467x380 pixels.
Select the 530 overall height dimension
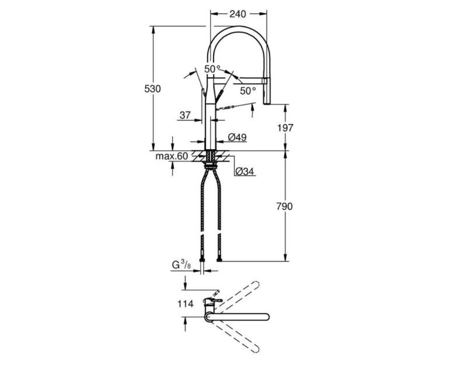[x=152, y=89]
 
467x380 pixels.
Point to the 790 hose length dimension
[x=285, y=206]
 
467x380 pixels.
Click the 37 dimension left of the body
[x=186, y=116]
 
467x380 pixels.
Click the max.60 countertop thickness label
[x=172, y=157]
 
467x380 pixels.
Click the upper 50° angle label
[x=212, y=69]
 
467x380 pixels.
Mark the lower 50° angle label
[x=248, y=91]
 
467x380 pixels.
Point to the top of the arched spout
[x=239, y=27]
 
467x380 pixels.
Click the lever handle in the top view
[x=214, y=302]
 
